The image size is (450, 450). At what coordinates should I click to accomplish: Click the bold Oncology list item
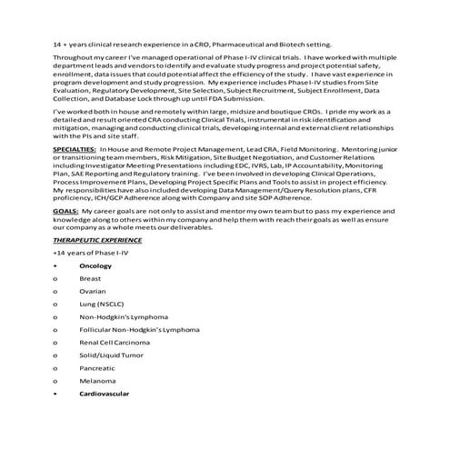95,265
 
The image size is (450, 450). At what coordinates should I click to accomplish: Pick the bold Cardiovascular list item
104,394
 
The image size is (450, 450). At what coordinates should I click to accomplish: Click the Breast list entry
90,278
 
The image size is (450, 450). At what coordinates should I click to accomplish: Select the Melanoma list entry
95,381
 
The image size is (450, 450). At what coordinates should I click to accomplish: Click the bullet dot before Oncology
56,265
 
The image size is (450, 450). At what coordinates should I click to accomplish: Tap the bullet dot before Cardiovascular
56,394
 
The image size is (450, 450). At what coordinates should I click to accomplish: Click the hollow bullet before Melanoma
56,381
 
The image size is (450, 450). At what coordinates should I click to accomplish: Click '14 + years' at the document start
70,44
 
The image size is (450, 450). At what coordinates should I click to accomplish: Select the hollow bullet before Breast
56,278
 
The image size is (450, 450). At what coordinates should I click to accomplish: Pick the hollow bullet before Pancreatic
56,368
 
